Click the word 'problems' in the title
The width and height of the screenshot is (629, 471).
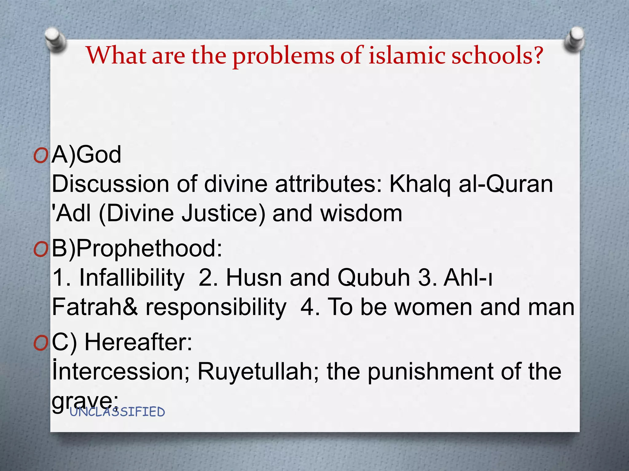[x=283, y=56]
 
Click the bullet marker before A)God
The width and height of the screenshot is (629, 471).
[x=41, y=156]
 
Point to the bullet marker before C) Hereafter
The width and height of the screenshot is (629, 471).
[x=41, y=343]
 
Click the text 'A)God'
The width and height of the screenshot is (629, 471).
[x=86, y=155]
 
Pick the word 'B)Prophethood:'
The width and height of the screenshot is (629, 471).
[x=137, y=248]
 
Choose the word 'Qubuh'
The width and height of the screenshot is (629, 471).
[x=374, y=278]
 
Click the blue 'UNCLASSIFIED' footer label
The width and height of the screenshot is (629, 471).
[x=117, y=412]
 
